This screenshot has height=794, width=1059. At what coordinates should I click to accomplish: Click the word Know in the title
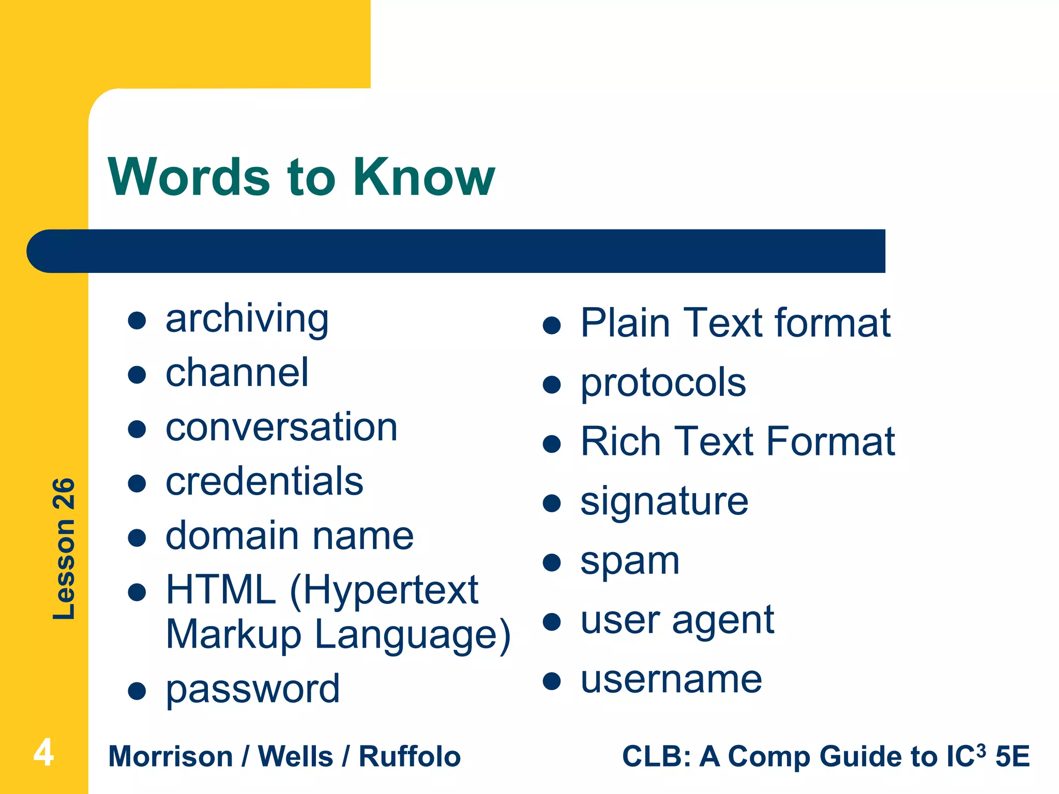point(423,177)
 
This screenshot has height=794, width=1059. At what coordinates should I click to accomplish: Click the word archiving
point(247,319)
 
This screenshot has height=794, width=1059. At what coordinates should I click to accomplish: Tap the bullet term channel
point(237,373)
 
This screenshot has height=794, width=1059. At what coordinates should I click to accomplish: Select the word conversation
point(281,427)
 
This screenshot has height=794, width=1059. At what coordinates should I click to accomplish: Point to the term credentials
point(264,482)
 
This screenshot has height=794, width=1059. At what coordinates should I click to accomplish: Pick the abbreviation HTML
point(221,590)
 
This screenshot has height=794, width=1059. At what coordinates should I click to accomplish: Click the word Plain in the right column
point(625,323)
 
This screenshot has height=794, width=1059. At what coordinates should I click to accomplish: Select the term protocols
point(663,384)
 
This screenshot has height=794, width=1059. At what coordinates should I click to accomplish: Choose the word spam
point(629,562)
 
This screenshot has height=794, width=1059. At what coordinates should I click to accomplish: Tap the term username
point(671,680)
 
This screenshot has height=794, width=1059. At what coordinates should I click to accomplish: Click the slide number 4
point(43,753)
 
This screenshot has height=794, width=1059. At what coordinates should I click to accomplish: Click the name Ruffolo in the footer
point(410,757)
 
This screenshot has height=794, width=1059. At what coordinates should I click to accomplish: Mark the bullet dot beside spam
point(552,562)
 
